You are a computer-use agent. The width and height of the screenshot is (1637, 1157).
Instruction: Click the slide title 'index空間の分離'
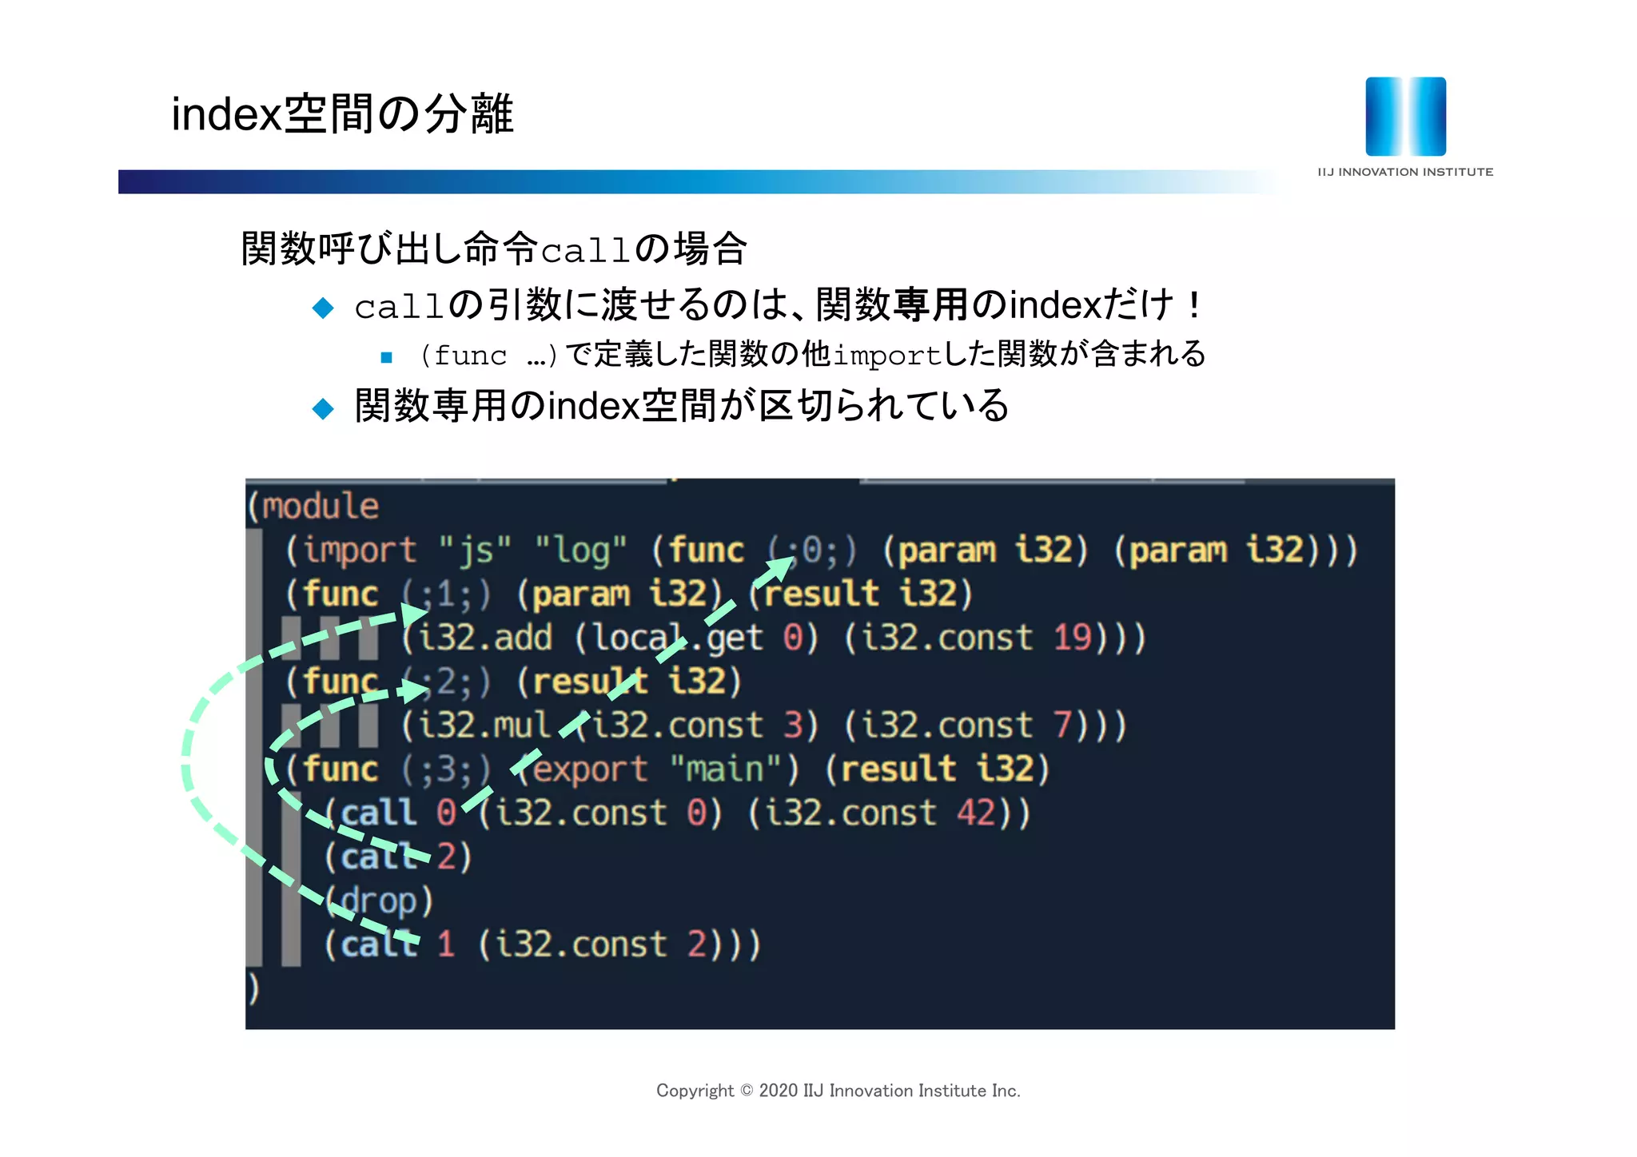[342, 113]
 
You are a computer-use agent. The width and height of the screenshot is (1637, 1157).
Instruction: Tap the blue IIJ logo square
[1405, 116]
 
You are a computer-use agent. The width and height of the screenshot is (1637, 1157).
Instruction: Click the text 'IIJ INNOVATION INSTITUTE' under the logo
[1404, 172]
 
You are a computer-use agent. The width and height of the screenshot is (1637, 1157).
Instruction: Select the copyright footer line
[838, 1091]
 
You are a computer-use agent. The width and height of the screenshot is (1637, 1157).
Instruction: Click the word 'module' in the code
[321, 506]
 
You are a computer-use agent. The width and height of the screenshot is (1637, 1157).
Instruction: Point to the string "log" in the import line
[581, 550]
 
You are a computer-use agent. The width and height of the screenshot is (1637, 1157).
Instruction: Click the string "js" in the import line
[475, 550]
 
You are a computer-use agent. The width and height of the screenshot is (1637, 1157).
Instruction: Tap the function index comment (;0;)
[812, 550]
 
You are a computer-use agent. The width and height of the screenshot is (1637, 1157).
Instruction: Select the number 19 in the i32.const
[1072, 638]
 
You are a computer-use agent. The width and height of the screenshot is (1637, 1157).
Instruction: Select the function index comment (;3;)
[446, 769]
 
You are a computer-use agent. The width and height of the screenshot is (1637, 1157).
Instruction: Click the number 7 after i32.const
[1062, 725]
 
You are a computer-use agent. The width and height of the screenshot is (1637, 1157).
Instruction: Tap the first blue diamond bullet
[323, 308]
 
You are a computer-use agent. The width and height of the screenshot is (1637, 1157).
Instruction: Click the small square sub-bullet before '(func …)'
[387, 357]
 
